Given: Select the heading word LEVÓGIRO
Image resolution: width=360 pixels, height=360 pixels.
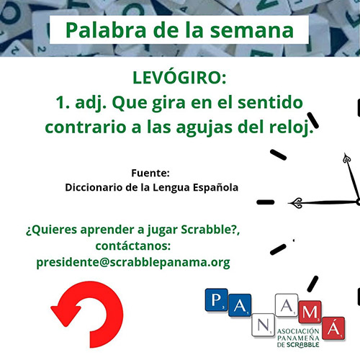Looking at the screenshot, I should [177, 77].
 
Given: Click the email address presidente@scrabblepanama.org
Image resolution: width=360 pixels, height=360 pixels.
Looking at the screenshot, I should [133, 263].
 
